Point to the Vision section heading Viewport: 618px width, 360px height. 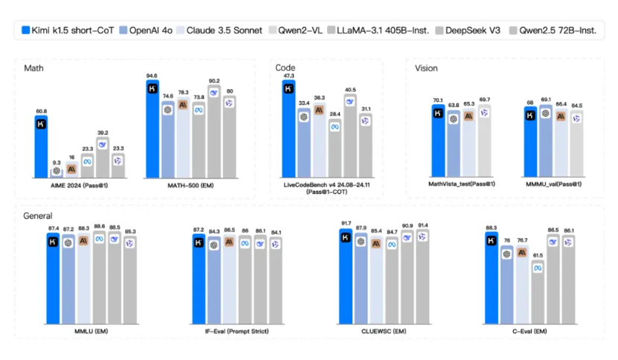tap(427, 68)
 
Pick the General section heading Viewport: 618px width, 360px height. tap(38, 216)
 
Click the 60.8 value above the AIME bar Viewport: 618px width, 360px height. tap(41, 111)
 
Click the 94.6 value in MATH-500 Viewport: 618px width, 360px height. tap(152, 76)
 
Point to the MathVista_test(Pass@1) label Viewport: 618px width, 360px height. tap(462, 184)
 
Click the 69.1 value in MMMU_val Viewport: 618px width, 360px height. tap(546, 100)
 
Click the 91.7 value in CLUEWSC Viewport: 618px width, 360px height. tap(346, 223)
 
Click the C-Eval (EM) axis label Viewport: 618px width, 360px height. tap(530, 329)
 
